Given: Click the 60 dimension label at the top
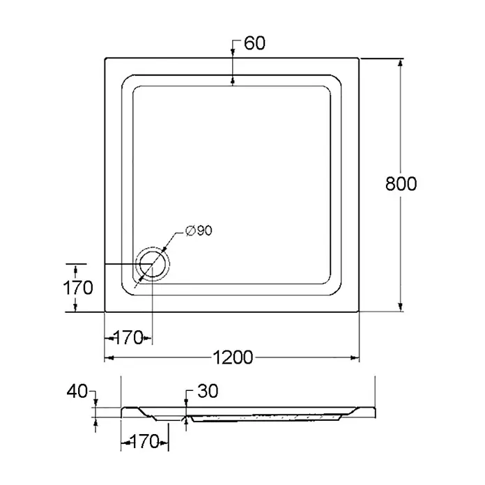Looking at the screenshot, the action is click(x=254, y=43).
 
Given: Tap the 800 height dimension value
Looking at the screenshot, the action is click(x=401, y=184).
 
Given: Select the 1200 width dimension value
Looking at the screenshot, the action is click(x=233, y=357).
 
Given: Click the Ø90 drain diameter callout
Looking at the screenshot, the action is click(x=199, y=231).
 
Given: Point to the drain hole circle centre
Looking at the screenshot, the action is click(x=153, y=264).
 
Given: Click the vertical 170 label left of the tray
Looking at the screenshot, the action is click(x=78, y=288).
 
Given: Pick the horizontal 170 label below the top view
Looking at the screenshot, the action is click(x=128, y=338).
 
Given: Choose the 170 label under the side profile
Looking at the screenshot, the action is click(x=144, y=441).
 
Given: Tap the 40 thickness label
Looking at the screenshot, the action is click(x=77, y=392).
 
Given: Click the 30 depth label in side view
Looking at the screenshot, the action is click(x=208, y=391).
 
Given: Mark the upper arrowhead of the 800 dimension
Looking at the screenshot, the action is click(x=400, y=63).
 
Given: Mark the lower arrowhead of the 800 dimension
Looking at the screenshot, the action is click(x=400, y=307).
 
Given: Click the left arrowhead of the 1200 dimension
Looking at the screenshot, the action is click(x=109, y=358).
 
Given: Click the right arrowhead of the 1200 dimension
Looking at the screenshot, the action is click(x=355, y=358).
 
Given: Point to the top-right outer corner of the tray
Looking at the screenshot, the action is click(x=359, y=58).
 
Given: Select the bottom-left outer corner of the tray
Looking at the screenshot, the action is click(x=105, y=311).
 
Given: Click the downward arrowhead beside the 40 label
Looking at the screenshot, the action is click(x=95, y=403).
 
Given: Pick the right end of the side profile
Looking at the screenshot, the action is click(x=375, y=413).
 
